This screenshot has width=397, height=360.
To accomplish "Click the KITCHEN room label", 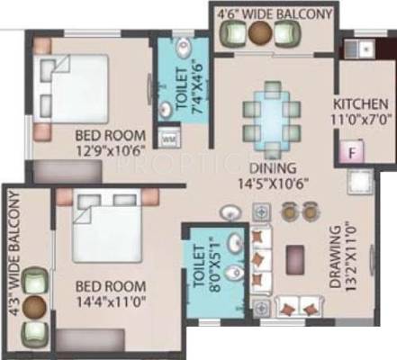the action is coord(361,104).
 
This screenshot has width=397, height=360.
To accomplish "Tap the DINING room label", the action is coord(273,168).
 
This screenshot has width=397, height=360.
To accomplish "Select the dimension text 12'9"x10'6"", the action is coord(110,149).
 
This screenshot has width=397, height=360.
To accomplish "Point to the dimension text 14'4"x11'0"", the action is coord(111,300).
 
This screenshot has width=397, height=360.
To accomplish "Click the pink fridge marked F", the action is coord(352,151).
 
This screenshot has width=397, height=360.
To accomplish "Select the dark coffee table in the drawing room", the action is coord(295,260).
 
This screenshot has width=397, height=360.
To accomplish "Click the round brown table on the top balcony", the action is coord(260,32).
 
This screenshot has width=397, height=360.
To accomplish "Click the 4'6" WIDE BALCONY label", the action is coord(275,13).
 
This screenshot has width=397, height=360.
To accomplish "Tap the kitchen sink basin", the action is coord(366,48).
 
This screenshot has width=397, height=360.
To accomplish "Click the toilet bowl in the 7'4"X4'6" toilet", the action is coord(184,47).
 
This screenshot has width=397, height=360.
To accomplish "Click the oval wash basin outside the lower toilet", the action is coord(230,213).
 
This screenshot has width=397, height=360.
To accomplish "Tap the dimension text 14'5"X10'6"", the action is coord(273,184).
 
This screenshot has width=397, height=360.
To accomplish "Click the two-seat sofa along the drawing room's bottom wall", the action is coord(300,307).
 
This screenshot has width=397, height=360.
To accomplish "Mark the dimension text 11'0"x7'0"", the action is coord(362,120).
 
